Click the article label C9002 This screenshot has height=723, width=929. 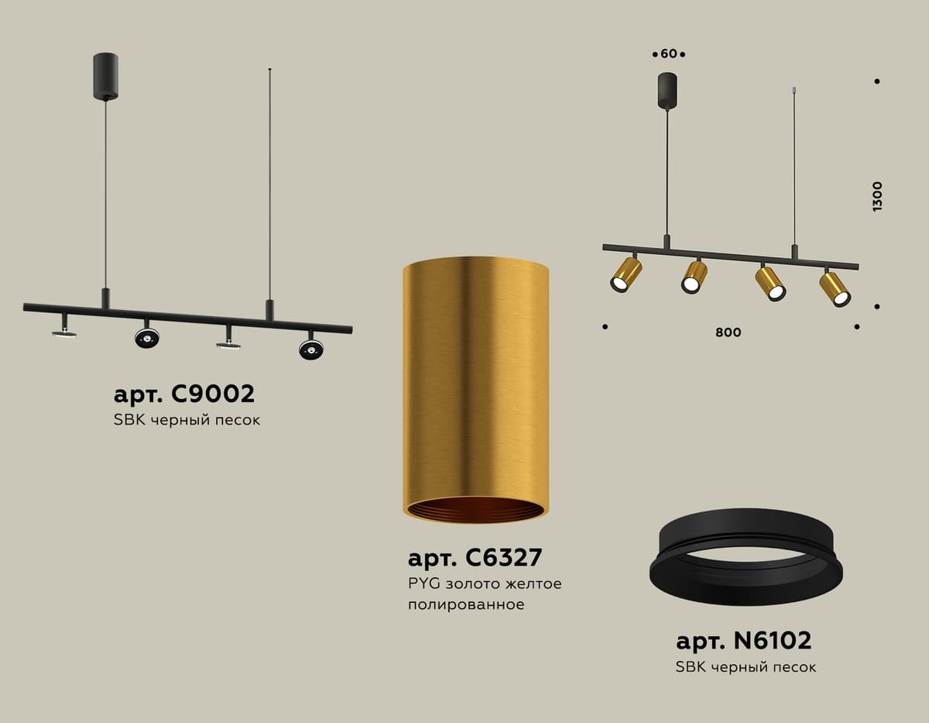click(x=183, y=394)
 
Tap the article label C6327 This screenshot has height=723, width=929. click(x=475, y=557)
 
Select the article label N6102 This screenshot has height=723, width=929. click(x=743, y=641)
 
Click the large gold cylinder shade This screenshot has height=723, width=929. click(x=475, y=380)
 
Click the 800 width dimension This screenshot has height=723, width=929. click(x=728, y=332)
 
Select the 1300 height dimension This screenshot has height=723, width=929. click(x=876, y=196)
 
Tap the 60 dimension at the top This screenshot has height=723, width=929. click(x=669, y=53)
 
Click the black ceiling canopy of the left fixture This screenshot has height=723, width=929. click(x=105, y=76)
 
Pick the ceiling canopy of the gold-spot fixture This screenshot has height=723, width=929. click(x=667, y=90)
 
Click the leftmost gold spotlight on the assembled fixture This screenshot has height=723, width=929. click(x=626, y=274)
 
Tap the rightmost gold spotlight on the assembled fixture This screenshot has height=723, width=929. click(x=835, y=288)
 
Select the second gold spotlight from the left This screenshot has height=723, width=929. click(x=694, y=277)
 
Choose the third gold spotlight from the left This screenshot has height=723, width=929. click(x=770, y=284)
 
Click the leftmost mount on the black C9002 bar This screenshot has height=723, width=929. click(x=64, y=329)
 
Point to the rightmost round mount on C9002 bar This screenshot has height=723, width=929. click(x=311, y=349)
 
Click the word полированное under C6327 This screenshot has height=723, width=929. click(x=465, y=604)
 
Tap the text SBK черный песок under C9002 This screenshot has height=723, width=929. click(x=187, y=421)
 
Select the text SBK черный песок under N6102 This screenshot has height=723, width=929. click(x=746, y=666)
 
